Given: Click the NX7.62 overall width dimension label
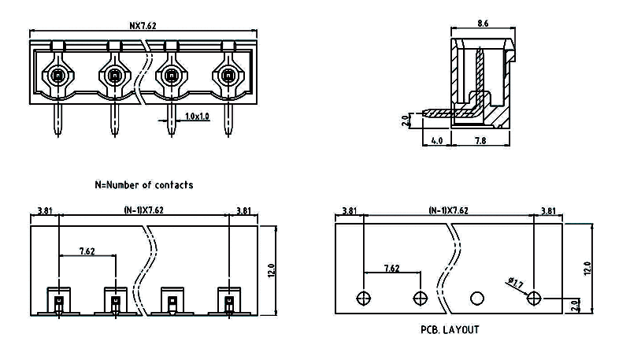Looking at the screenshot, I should click(144, 25).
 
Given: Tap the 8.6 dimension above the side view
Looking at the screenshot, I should click(482, 24).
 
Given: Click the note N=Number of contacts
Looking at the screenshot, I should click(143, 185).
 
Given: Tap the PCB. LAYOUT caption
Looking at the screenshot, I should click(449, 330).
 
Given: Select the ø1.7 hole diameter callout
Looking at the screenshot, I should click(517, 282).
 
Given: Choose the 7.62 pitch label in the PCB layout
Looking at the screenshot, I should click(391, 268).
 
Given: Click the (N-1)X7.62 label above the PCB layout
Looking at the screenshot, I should click(448, 211).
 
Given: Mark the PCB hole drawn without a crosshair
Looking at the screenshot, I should click(476, 298).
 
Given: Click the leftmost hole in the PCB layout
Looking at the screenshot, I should click(363, 298).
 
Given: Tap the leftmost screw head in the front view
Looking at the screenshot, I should click(57, 76).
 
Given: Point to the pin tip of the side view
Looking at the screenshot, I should click(426, 112).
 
